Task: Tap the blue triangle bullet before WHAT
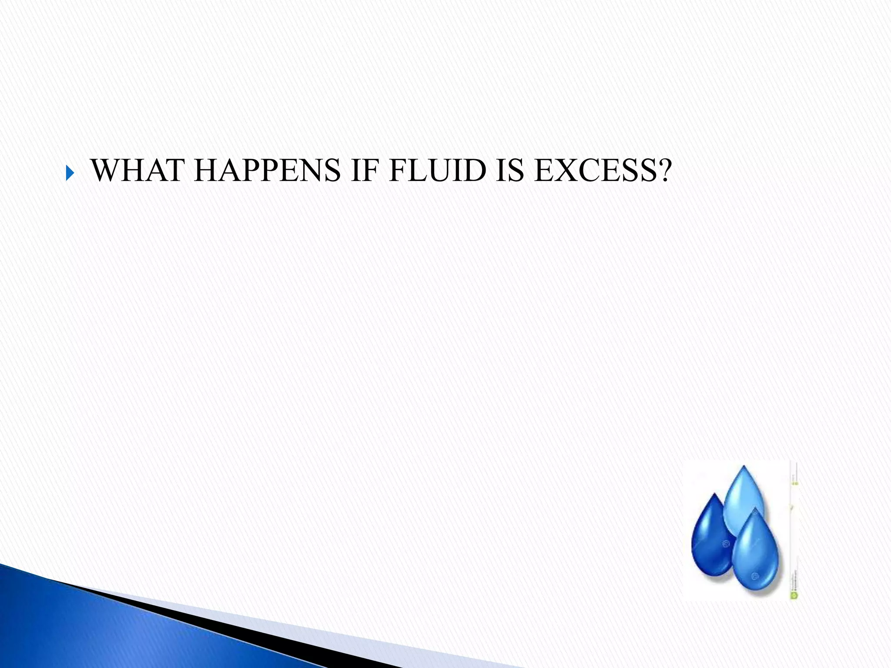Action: [x=70, y=174]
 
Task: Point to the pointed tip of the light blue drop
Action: [x=744, y=467]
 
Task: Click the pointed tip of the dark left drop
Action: [x=714, y=494]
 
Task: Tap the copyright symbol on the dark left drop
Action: [x=725, y=543]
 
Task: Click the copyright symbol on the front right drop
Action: [x=755, y=576]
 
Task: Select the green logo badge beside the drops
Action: [x=794, y=595]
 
